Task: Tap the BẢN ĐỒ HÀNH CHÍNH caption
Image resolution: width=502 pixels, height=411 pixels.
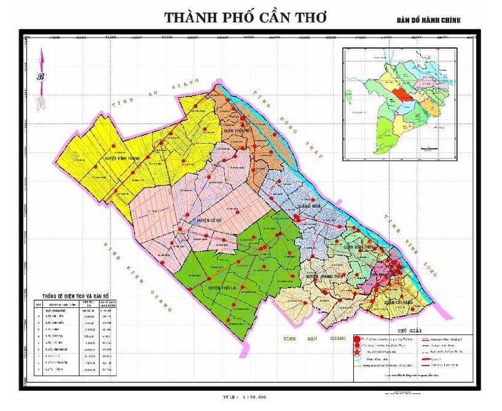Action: coord(428,20)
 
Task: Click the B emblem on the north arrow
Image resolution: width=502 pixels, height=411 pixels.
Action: coord(42,77)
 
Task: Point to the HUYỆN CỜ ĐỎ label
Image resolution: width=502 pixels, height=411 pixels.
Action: coord(211,219)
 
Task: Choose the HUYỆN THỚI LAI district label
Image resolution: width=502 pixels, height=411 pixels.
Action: coord(222,288)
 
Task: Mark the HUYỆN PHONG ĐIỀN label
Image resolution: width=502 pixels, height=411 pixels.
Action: coord(324,276)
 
